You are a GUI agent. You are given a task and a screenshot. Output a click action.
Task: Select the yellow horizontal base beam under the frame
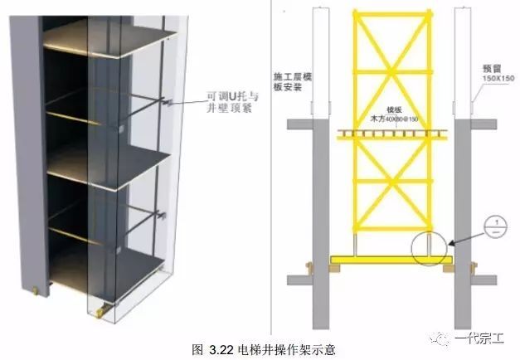[x=390, y=260]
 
